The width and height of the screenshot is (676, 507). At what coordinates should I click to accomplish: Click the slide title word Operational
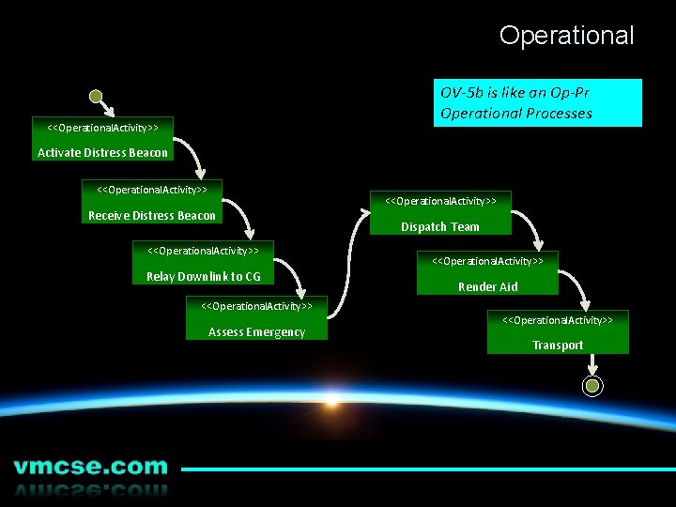566,36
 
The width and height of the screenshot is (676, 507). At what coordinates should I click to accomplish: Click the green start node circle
95,95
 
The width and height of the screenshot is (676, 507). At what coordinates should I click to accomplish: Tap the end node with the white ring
592,385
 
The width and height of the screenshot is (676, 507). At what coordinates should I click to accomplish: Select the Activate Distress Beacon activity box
102,139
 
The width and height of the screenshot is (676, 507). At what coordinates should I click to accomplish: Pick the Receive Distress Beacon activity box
152,202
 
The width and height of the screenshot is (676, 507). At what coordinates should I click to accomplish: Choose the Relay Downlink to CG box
204,263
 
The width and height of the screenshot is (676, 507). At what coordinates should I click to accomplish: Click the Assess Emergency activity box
256,318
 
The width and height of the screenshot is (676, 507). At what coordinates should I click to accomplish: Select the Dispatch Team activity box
439,213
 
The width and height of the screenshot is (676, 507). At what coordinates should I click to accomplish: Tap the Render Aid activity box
487,273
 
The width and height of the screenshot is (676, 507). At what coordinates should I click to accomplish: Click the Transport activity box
558,332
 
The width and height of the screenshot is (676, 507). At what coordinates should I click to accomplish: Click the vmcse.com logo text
90,467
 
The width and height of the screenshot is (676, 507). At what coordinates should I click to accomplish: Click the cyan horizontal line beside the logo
427,469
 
